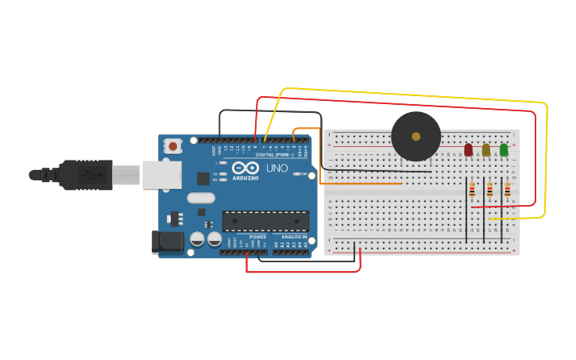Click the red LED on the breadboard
(468, 149)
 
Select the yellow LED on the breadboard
(486, 149)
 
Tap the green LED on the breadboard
(504, 149)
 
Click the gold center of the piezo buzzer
(416, 137)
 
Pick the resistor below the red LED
(472, 190)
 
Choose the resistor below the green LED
(508, 190)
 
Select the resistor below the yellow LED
(489, 190)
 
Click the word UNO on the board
(276, 168)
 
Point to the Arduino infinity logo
(245, 168)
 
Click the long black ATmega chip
(265, 221)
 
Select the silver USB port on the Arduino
(162, 175)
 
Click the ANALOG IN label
(293, 237)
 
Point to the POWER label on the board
(257, 237)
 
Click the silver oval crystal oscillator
(201, 198)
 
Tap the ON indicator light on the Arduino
(295, 173)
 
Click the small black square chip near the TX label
(203, 179)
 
